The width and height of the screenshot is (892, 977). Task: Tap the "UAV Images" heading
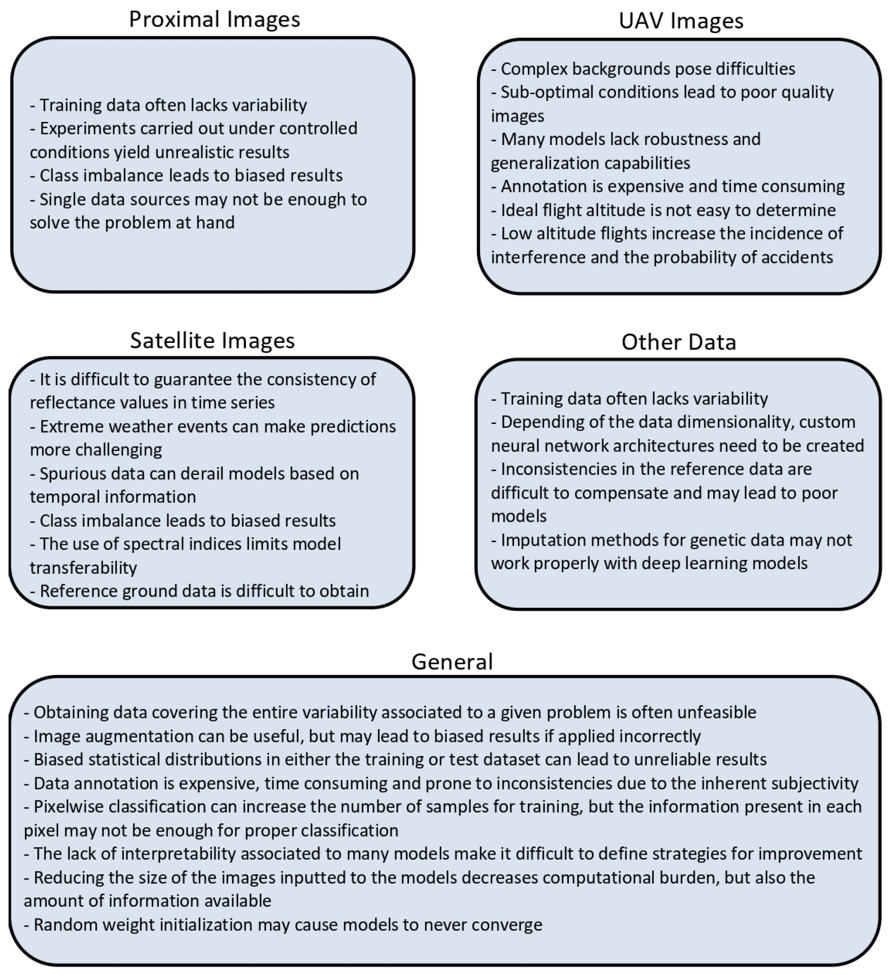(x=681, y=21)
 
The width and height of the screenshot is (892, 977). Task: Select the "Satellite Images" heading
(x=212, y=341)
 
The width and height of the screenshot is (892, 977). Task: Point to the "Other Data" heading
(x=679, y=342)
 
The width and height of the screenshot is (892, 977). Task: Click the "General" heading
(x=452, y=662)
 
